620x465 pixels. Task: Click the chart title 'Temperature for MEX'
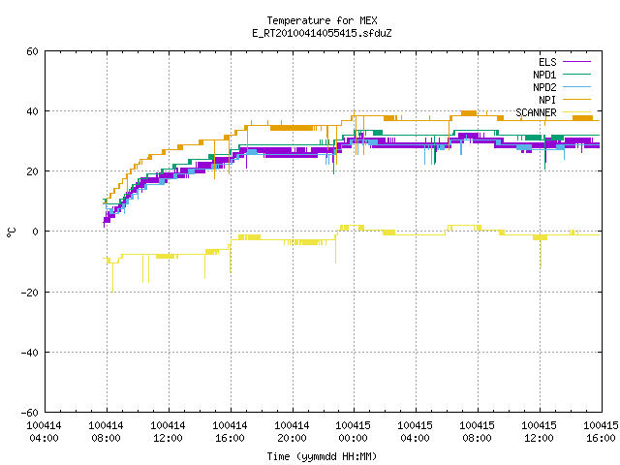point(322,20)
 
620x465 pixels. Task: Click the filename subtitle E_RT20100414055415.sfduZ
point(322,33)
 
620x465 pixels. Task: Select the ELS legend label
point(547,62)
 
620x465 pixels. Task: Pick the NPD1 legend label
point(544,75)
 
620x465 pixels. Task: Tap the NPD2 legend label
point(544,87)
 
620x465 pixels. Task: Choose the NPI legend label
point(547,100)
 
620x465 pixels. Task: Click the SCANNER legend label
point(536,112)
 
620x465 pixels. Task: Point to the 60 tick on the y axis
point(32,51)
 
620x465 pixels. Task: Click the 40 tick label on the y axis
point(32,111)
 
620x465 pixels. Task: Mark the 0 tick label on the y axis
point(36,232)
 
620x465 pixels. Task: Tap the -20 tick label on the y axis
point(30,293)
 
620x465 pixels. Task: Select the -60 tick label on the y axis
point(30,413)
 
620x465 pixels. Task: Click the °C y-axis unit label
point(11,232)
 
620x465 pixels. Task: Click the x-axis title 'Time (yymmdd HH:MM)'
point(322,456)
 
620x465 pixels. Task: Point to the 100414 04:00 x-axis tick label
point(44,432)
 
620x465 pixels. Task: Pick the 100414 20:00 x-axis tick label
point(292,432)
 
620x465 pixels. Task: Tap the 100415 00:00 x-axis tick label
point(353,432)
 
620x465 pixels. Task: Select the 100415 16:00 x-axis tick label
point(601,432)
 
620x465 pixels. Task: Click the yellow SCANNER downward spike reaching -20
point(112,278)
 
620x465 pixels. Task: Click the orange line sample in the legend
point(576,99)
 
